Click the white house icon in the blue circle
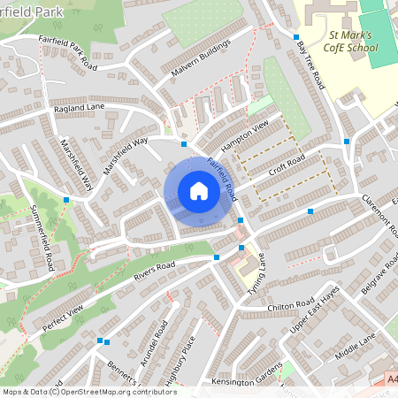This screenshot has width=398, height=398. (x=198, y=191)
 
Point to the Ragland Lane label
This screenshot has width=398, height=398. (x=79, y=107)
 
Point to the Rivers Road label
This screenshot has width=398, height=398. (x=155, y=264)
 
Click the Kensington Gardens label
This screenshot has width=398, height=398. (x=245, y=380)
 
